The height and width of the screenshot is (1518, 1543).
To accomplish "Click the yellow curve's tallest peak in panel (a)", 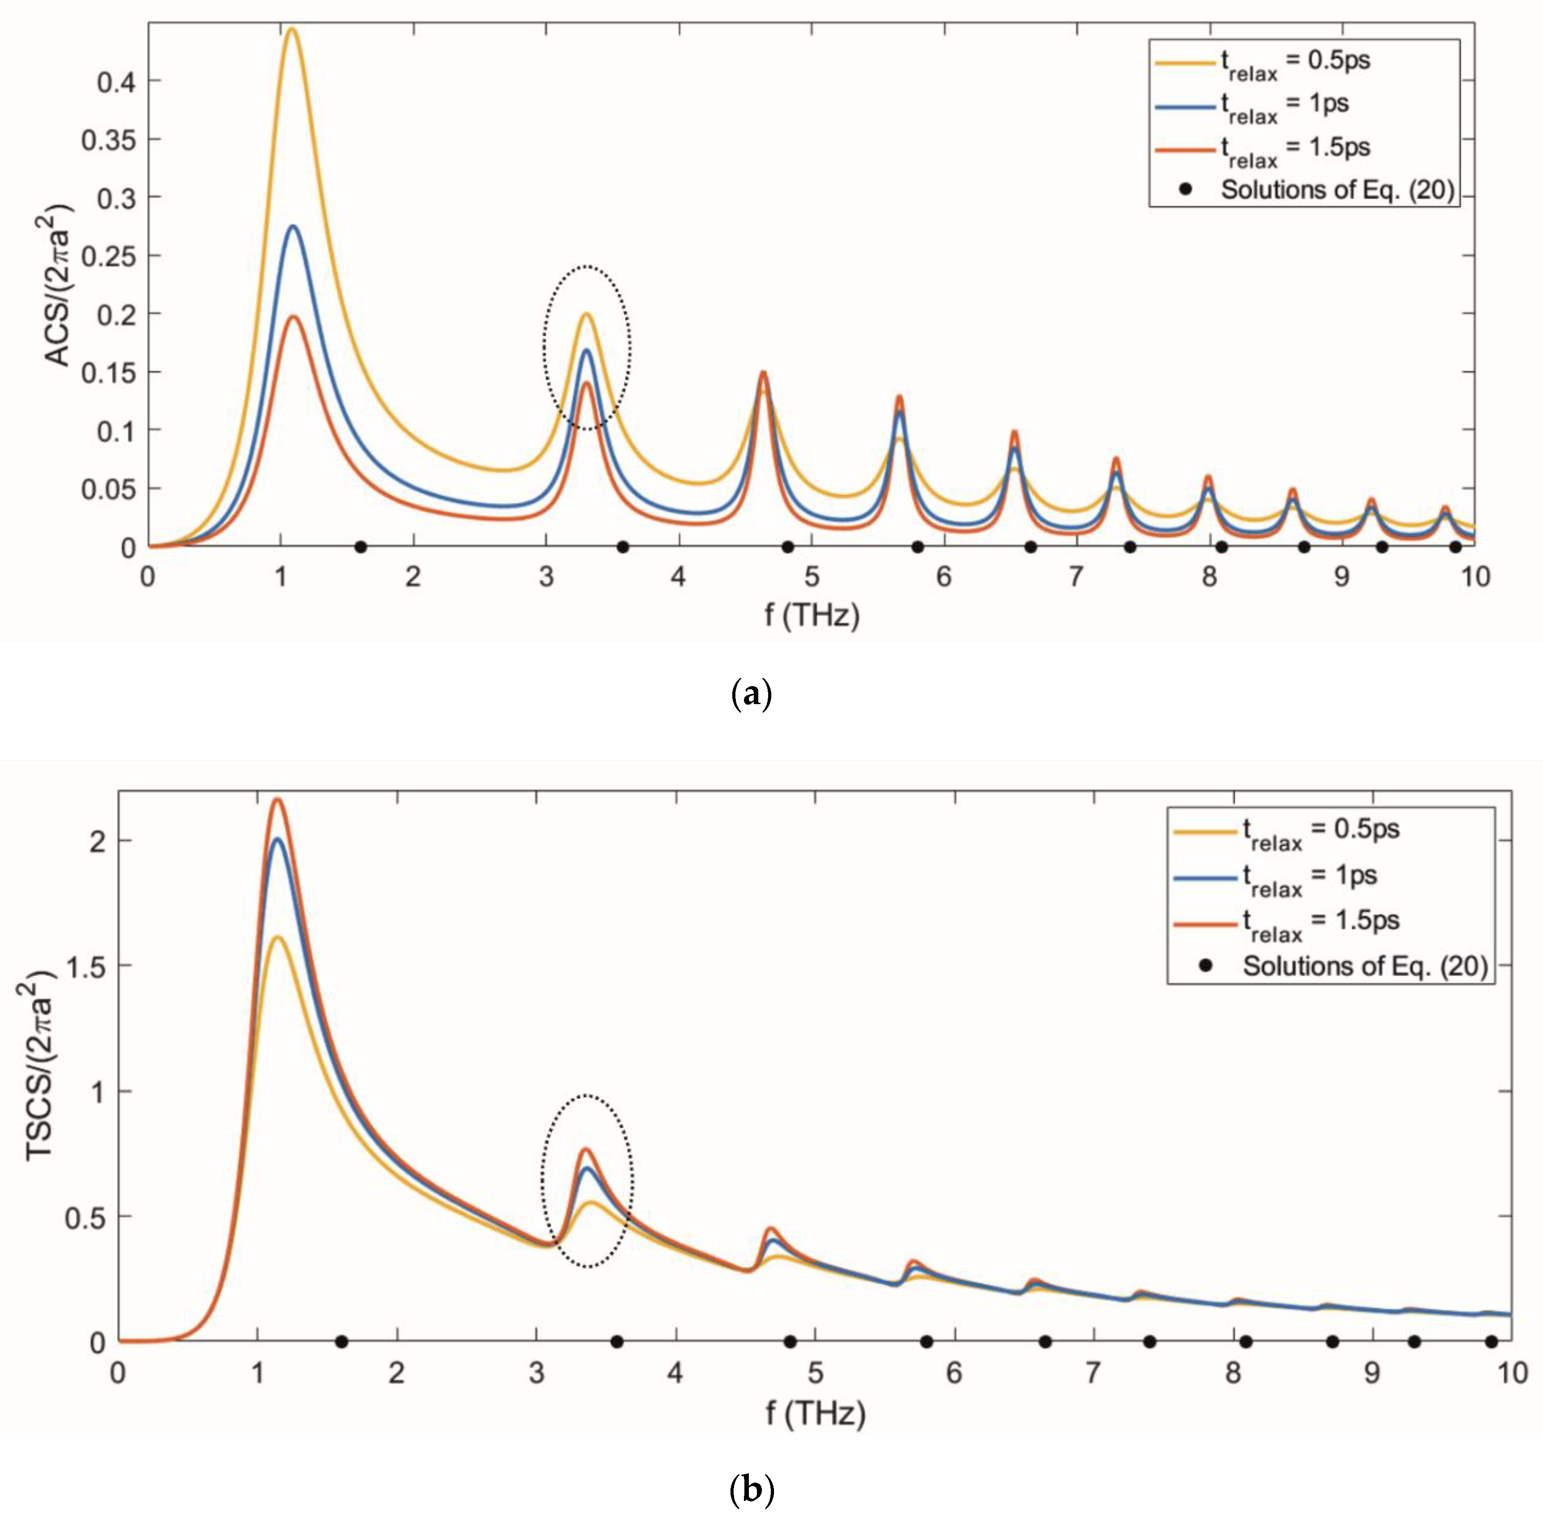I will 292,30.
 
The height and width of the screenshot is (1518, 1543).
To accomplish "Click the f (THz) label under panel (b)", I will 815,1413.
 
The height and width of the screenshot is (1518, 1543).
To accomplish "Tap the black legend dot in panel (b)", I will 1206,966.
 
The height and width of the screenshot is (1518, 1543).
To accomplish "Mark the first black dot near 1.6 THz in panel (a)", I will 360,547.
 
